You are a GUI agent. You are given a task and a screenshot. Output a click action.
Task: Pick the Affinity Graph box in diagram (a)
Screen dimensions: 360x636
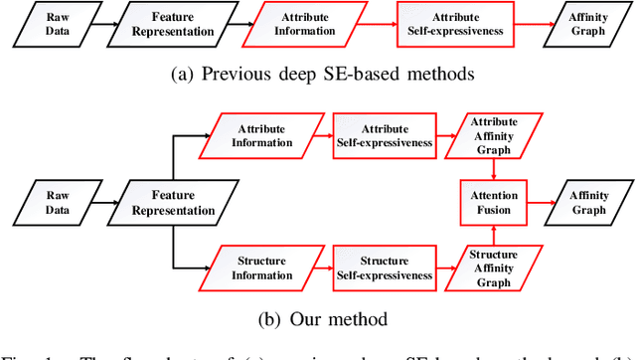[x=583, y=24]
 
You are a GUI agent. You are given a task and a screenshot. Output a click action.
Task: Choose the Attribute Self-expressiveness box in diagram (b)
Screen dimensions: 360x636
[x=383, y=136]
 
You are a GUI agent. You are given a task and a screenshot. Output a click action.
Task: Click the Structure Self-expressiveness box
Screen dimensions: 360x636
[x=383, y=269]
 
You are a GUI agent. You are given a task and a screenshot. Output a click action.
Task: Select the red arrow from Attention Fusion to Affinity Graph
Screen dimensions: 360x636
[x=541, y=202]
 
